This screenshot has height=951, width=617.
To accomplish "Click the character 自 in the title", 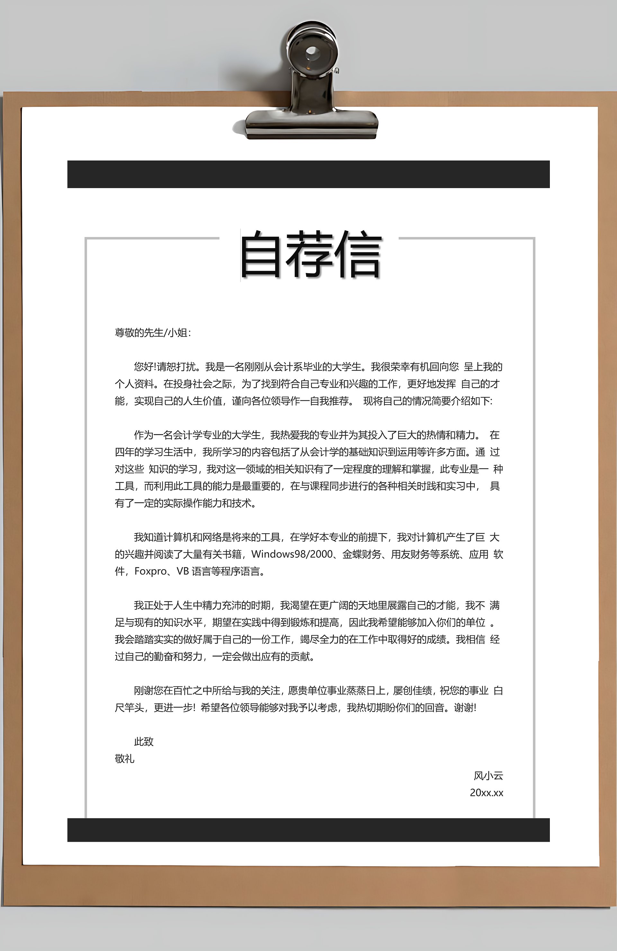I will coord(260,255).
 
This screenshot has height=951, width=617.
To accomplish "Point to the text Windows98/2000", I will coord(292,554).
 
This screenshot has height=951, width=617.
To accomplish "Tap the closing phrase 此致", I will coord(144,742).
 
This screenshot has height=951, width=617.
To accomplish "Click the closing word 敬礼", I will coord(124,759).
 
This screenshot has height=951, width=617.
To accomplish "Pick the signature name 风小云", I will coord(488,776).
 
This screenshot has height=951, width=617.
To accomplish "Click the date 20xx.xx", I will coord(486,793).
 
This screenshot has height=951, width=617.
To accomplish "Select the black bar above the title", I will coord(308,174).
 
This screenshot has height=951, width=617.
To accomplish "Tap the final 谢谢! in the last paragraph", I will coord(465,708).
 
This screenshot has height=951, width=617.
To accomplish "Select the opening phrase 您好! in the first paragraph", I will coord(145,367).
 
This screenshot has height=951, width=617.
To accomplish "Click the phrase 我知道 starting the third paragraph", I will coord(148,537).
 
